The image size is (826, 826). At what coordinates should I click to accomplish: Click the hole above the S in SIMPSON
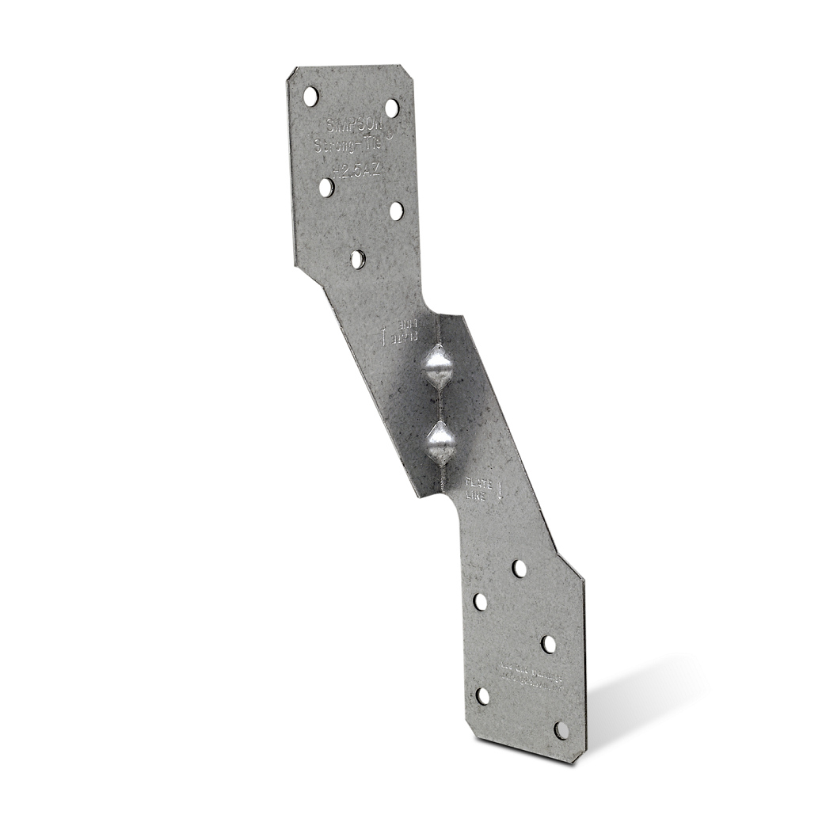pos(310,97)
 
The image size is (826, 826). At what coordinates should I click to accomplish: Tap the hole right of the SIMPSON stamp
pos(392,108)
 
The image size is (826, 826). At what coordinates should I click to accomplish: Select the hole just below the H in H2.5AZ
pos(326,187)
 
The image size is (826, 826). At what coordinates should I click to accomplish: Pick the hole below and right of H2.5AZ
pos(396,211)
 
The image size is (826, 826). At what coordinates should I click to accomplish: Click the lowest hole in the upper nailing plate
pos(358,259)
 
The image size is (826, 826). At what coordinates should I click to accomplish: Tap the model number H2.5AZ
pos(354,169)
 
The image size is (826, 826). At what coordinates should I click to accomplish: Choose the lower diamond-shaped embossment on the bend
pos(440,443)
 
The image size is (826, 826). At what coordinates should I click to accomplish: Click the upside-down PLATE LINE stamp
pos(400,332)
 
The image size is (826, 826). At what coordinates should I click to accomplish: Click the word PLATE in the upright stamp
pos(478,482)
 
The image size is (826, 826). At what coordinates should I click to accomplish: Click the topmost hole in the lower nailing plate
pos(519,568)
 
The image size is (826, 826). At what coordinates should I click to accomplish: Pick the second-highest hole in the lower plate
pos(481,602)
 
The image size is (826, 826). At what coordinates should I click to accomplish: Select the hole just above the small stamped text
pos(548,644)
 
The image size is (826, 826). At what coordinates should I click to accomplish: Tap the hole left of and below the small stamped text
pos(482,696)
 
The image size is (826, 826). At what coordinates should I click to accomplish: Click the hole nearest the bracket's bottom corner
pos(561,730)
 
